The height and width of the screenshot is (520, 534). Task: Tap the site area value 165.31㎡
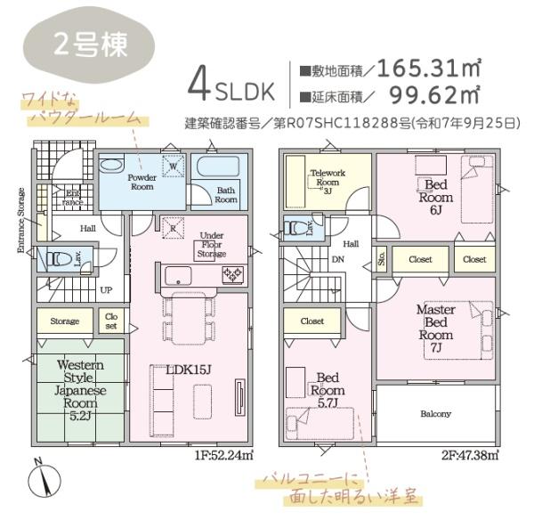(430, 68)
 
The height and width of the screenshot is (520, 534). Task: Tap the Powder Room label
(142, 183)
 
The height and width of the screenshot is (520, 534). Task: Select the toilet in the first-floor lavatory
(59, 259)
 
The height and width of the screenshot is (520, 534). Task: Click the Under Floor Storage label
(211, 245)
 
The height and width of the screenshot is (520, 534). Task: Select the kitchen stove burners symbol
(232, 274)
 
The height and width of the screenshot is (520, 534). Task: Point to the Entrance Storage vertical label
(20, 220)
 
